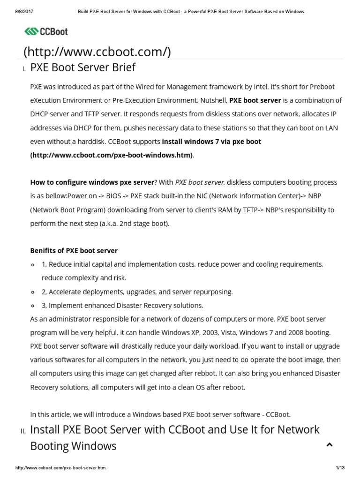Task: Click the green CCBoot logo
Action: point(46,31)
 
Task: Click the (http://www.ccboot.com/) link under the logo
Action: point(97,52)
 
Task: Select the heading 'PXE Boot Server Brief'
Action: point(82,67)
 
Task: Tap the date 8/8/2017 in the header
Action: point(17,11)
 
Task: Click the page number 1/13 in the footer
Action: point(340,468)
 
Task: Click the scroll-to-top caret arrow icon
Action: point(329,445)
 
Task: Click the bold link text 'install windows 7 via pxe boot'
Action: point(211,141)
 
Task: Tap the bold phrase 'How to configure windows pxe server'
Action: point(92,182)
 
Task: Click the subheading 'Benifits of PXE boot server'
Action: point(74,250)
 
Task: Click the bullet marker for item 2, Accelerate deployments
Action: point(33,292)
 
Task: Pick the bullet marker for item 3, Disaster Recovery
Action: point(33,306)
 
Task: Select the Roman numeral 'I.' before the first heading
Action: point(24,69)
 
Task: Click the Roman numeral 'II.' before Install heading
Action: point(23,432)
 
